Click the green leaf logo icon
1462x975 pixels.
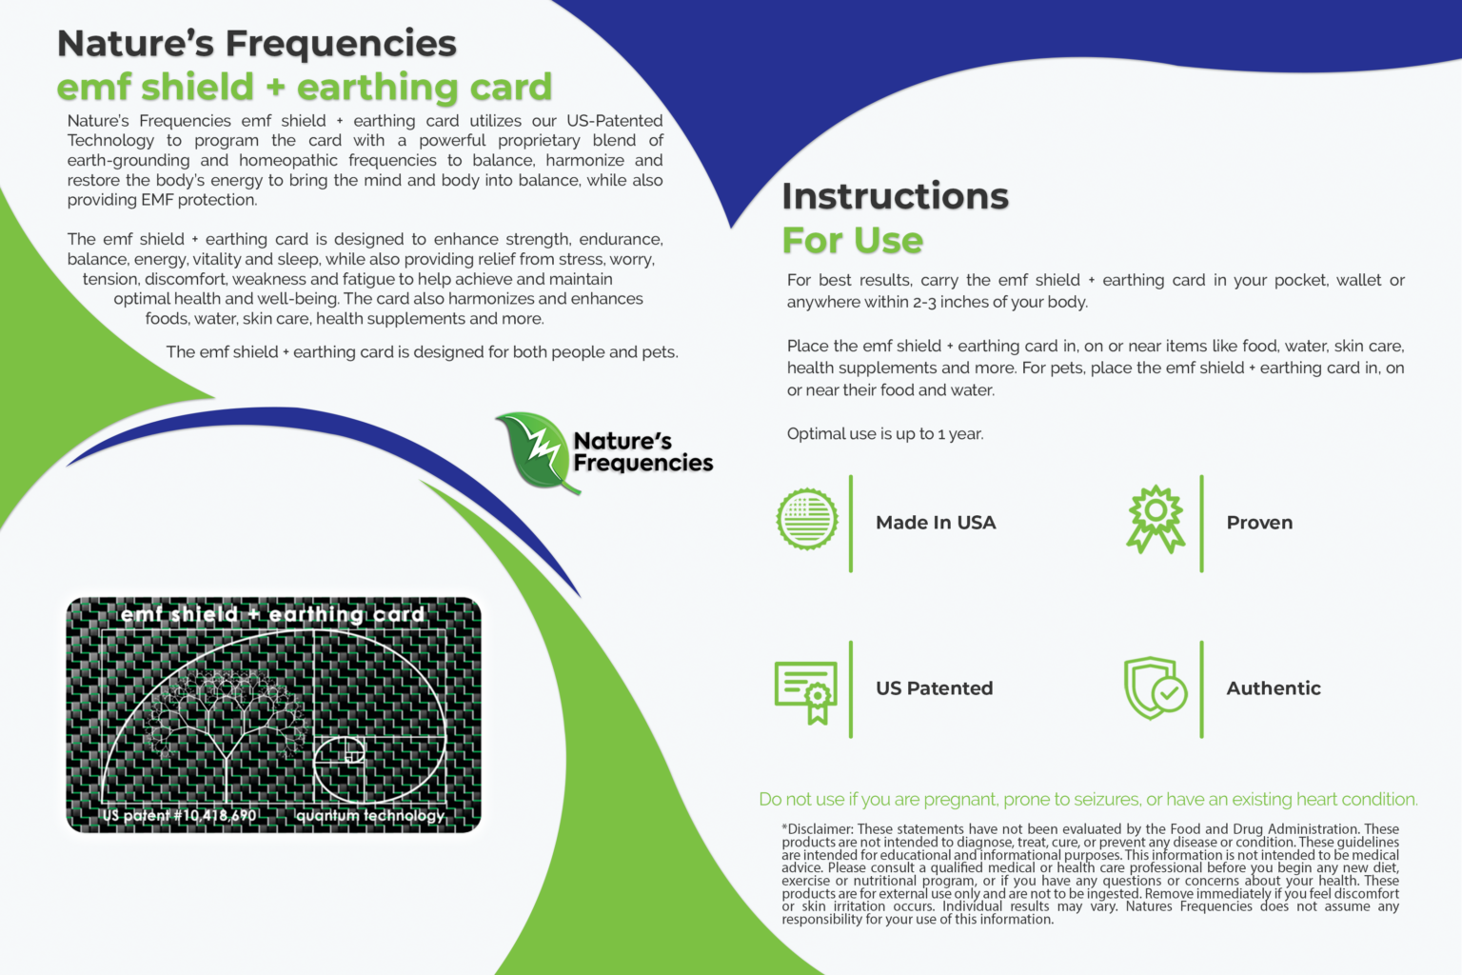click(x=535, y=451)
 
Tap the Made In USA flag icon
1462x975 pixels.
click(x=807, y=520)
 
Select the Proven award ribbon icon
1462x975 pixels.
click(x=1156, y=519)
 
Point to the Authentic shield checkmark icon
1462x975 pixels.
click(x=1155, y=687)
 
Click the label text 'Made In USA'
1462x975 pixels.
click(x=936, y=523)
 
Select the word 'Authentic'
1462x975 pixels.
click(x=1273, y=688)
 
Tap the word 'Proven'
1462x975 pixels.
click(x=1259, y=523)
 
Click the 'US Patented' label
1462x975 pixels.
click(x=934, y=688)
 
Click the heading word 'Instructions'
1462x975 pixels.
click(x=895, y=196)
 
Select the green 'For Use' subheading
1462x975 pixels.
click(x=852, y=241)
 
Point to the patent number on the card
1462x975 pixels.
click(x=180, y=815)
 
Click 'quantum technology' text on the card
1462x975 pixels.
click(x=370, y=815)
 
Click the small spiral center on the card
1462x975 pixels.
click(x=352, y=757)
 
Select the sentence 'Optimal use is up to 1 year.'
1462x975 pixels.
click(x=885, y=434)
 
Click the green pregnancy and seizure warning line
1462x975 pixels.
click(x=1088, y=800)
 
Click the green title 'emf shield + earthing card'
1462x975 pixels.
click(x=305, y=88)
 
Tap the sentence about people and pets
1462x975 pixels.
click(x=422, y=352)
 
